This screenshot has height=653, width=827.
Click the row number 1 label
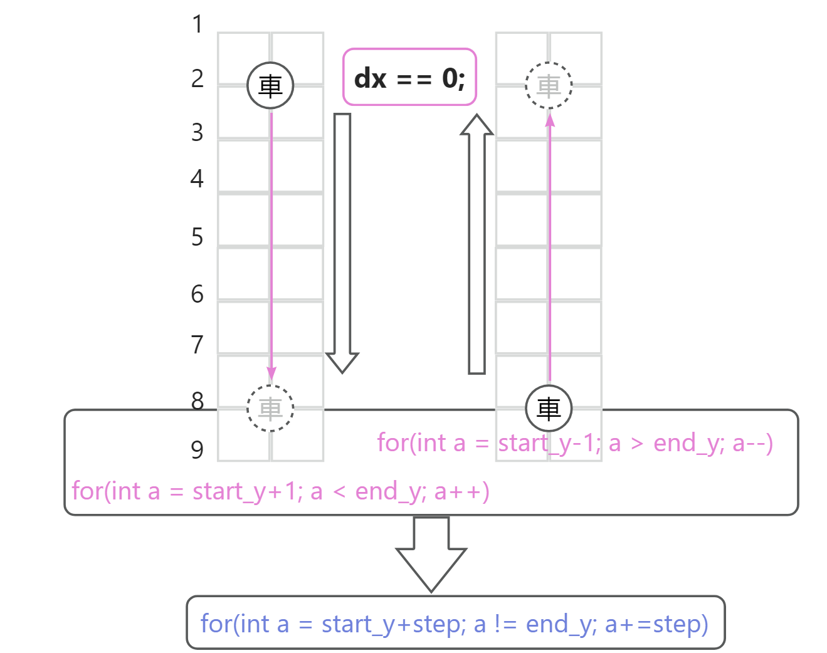(198, 25)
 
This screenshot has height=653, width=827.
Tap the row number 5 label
(198, 238)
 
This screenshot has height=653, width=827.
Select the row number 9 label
(198, 450)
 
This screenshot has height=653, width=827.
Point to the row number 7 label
(198, 345)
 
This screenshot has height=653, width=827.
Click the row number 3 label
(198, 133)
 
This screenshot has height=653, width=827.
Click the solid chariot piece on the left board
(270, 85)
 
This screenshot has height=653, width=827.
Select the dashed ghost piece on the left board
(270, 409)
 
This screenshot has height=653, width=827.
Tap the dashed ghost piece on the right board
(549, 85)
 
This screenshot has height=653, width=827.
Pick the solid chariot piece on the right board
(549, 409)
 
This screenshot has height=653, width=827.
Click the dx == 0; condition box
(409, 77)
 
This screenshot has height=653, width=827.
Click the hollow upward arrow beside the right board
(477, 244)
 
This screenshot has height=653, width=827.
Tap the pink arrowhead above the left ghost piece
(271, 374)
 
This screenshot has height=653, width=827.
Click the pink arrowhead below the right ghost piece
(550, 120)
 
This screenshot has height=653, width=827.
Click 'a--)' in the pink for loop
(752, 443)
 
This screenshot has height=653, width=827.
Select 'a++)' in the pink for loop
(462, 491)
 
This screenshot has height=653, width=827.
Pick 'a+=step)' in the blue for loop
(656, 624)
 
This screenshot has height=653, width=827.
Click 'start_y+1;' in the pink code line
(248, 491)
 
